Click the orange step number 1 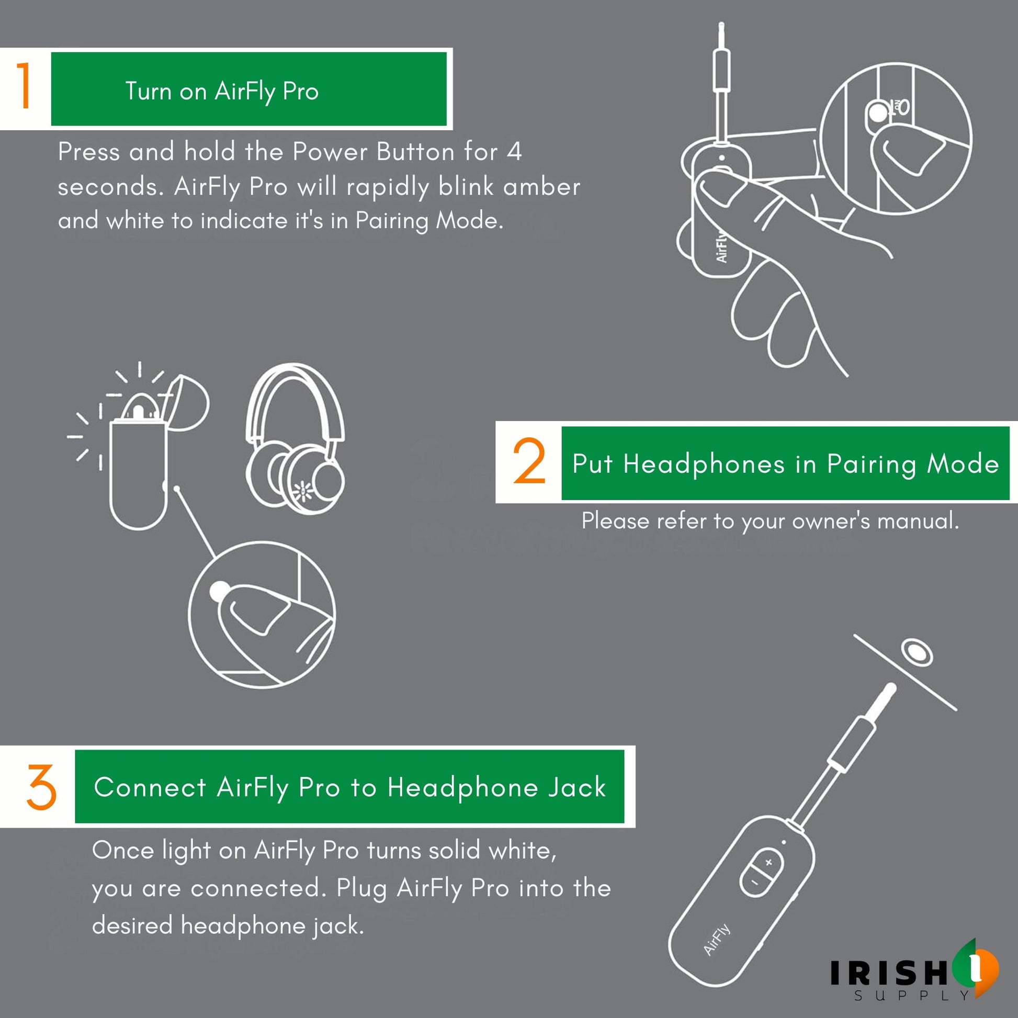coord(23,85)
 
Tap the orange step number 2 coord(529,461)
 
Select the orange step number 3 coord(41,787)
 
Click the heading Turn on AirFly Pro coord(222,92)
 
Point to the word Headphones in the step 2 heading coord(704,464)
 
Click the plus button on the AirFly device coord(769,862)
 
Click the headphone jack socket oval coord(918,653)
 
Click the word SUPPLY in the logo coord(912,996)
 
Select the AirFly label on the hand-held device coord(721,247)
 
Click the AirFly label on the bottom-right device coord(717,940)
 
